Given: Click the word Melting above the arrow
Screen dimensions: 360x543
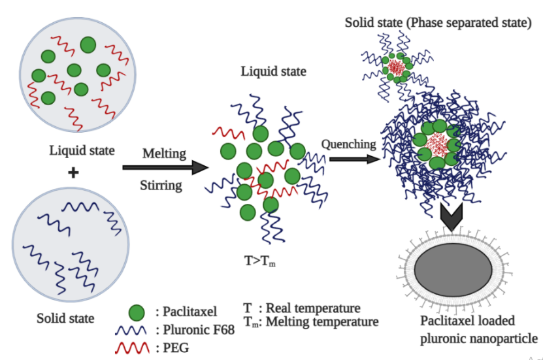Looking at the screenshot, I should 164,154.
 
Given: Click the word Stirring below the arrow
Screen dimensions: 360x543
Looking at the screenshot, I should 161,185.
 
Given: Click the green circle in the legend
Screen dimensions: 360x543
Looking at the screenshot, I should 137,312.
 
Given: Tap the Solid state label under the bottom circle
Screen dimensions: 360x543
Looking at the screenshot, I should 65,319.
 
